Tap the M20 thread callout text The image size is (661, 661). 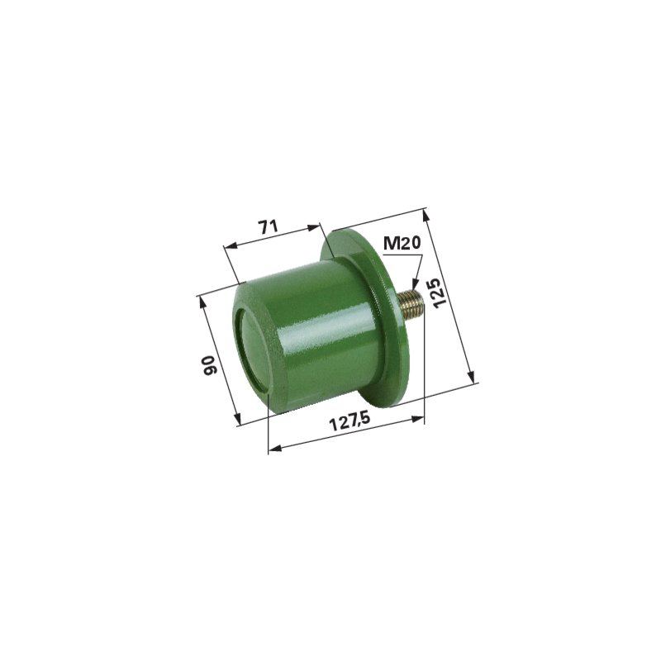tap(402, 243)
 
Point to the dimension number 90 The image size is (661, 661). tap(210, 365)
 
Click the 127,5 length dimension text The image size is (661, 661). tap(350, 421)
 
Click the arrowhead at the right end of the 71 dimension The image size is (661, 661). tap(315, 228)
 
